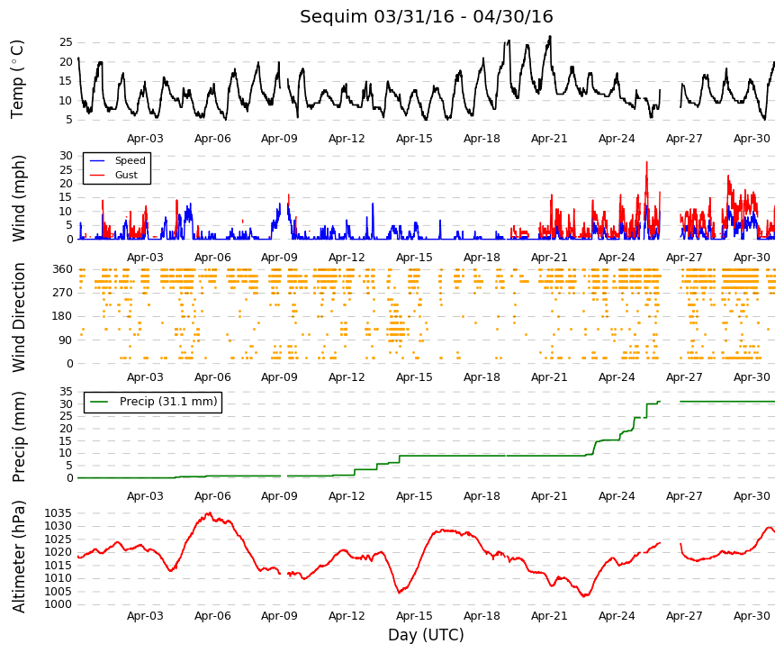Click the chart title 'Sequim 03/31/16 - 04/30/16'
426,16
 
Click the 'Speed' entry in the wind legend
130,160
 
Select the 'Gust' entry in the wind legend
126,175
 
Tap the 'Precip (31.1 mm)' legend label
168,402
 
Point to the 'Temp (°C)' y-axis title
17,79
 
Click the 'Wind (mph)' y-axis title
18,199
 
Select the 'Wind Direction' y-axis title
18,317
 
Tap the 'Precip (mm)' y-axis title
18,437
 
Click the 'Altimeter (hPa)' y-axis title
18,557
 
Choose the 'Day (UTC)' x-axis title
426,635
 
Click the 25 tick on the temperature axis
66,42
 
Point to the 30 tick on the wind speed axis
66,156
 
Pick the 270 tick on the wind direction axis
62,293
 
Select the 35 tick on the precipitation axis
66,392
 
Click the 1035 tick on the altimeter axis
58,513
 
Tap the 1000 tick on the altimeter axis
58,604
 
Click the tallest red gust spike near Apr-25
646,162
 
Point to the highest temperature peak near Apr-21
550,37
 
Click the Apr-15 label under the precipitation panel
414,496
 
